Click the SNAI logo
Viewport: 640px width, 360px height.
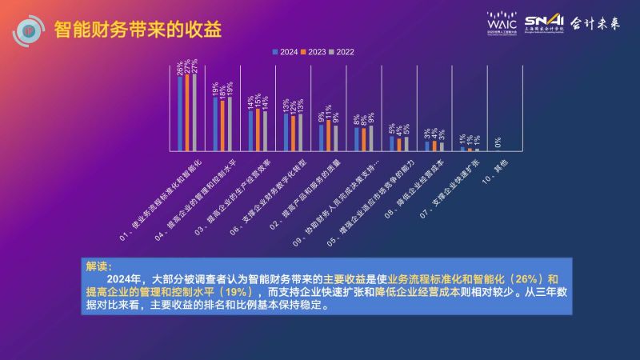click(x=544, y=23)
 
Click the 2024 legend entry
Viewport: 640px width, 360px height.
click(x=285, y=52)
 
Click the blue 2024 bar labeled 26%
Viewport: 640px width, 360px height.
click(x=180, y=113)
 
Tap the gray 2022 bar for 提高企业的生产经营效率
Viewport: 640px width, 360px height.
click(x=265, y=130)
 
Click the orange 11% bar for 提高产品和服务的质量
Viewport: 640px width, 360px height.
click(x=328, y=135)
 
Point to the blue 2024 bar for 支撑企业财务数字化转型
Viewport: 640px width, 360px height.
click(x=286, y=132)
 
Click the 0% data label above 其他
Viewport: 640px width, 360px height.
click(x=498, y=143)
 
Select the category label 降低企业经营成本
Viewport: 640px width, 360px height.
click(x=410, y=186)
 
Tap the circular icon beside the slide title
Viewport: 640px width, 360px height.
click(x=29, y=30)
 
